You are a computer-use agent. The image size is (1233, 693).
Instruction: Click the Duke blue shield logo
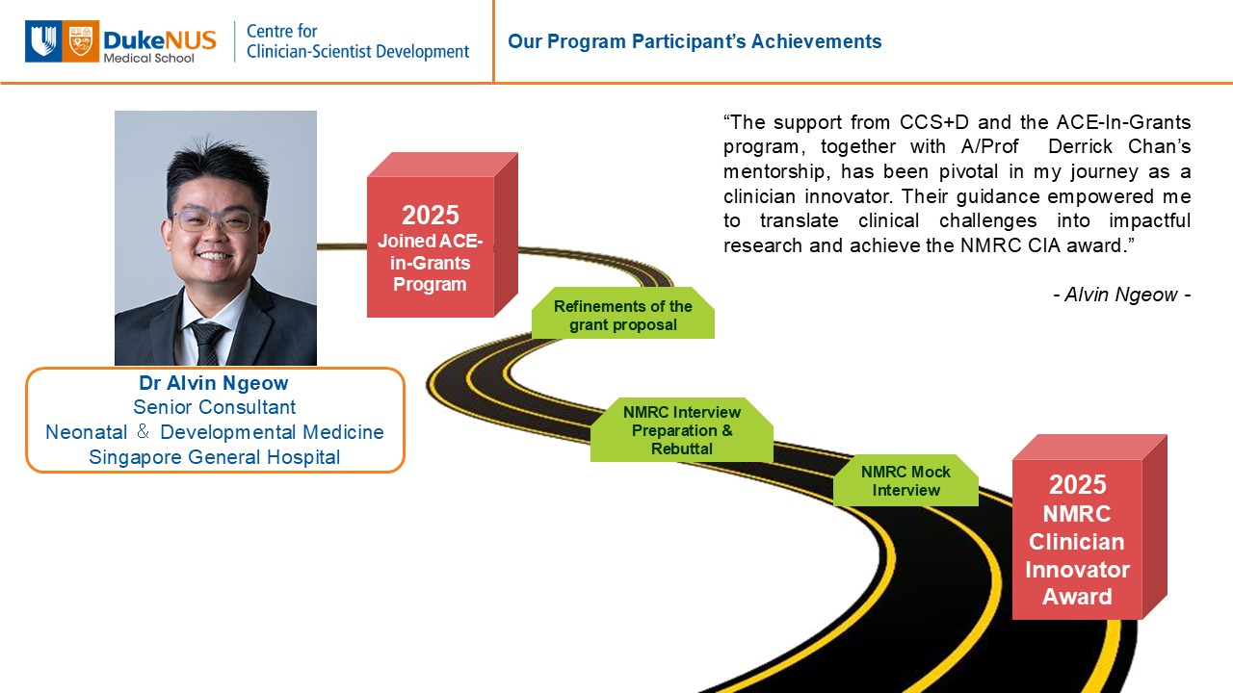[43, 41]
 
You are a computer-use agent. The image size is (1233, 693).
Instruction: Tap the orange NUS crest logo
[81, 41]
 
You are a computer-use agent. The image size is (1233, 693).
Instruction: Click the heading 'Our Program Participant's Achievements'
[695, 41]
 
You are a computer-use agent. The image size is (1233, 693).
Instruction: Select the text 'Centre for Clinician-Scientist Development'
[357, 41]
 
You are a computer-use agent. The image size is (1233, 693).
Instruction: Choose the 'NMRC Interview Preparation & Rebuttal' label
[682, 430]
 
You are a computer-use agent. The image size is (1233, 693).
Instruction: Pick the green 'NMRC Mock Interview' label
[906, 480]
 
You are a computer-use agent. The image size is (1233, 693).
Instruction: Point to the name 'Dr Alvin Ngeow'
[214, 383]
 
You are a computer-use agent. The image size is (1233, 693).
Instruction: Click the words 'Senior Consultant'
[214, 407]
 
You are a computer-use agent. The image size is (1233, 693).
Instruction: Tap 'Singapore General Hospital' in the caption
[214, 457]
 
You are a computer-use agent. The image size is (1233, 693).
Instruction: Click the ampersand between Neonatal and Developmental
[144, 431]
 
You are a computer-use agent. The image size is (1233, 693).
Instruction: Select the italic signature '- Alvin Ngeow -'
[1122, 295]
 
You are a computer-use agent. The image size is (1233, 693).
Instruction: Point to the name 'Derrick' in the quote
[1080, 147]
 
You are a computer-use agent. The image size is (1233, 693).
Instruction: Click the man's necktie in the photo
[207, 342]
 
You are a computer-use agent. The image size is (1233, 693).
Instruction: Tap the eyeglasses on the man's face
[215, 221]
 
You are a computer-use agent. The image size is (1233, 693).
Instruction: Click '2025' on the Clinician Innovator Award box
[1077, 484]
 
